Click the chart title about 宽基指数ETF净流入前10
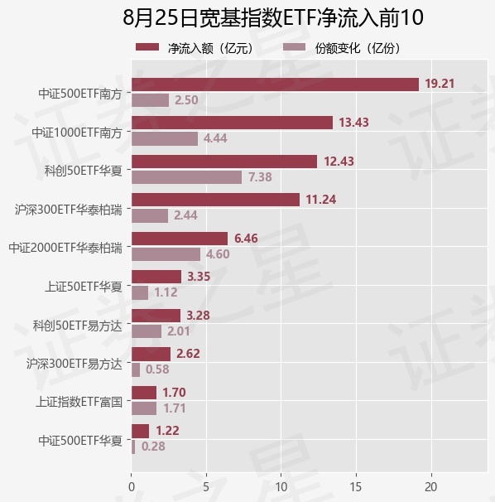(x=273, y=17)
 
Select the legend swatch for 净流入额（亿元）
(x=147, y=47)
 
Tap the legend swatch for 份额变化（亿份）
(x=295, y=47)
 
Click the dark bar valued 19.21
(x=275, y=84)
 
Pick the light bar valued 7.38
(x=187, y=177)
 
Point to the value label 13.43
(x=353, y=123)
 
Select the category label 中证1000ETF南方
(x=77, y=133)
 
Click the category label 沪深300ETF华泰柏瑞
(x=69, y=210)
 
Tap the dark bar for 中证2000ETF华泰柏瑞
(x=180, y=239)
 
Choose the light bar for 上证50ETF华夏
(x=140, y=292)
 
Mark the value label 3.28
(x=198, y=316)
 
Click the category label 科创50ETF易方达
(x=78, y=326)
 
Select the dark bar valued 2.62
(x=151, y=354)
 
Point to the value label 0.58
(x=157, y=369)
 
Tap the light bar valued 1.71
(x=144, y=408)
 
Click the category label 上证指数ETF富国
(x=79, y=402)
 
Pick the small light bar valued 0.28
(x=133, y=446)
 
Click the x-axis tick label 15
(x=356, y=487)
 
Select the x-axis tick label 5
(x=206, y=487)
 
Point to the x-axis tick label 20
(x=431, y=487)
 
